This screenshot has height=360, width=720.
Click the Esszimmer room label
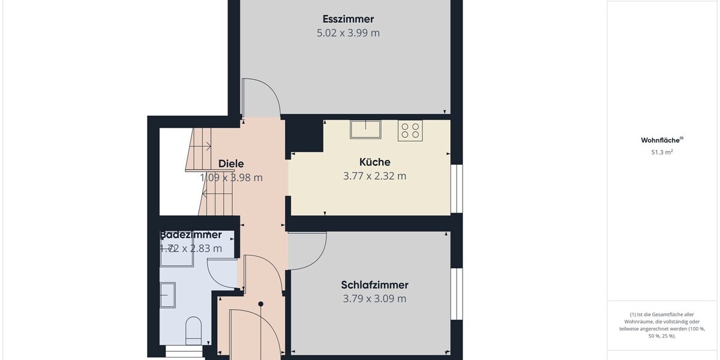pyautogui.click(x=348, y=19)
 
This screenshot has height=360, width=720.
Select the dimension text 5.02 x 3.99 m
pyautogui.click(x=348, y=33)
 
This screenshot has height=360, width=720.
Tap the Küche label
pyautogui.click(x=374, y=162)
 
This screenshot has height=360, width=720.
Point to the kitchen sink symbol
pyautogui.click(x=365, y=129)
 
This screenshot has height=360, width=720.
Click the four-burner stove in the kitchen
pyautogui.click(x=410, y=130)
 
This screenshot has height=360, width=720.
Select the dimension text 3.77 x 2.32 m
pyautogui.click(x=374, y=176)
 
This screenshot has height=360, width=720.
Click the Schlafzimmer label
pyautogui.click(x=374, y=285)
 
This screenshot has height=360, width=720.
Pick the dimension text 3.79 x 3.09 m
pyautogui.click(x=374, y=299)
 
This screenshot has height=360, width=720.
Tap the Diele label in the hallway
pyautogui.click(x=231, y=163)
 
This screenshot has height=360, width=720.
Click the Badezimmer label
pyautogui.click(x=191, y=235)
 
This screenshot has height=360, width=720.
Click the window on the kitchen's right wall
pyautogui.click(x=457, y=188)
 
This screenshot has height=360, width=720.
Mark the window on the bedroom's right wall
pyautogui.click(x=457, y=294)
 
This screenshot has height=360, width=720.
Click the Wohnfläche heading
pyautogui.click(x=662, y=140)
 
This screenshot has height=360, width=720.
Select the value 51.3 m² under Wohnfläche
pyautogui.click(x=662, y=152)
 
